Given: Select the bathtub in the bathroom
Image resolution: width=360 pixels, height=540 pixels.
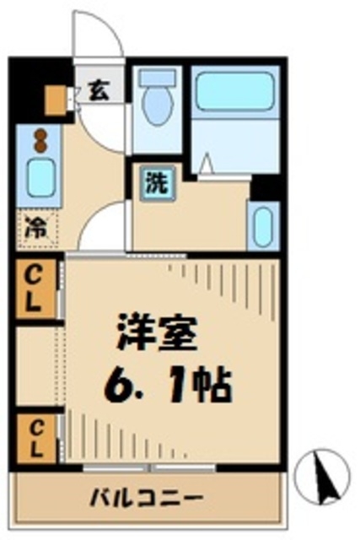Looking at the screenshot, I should click(x=235, y=92).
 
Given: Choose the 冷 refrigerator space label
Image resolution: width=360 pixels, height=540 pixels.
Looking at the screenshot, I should click(x=35, y=226).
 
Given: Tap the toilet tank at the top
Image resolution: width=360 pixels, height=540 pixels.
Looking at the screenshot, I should click(x=157, y=78).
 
